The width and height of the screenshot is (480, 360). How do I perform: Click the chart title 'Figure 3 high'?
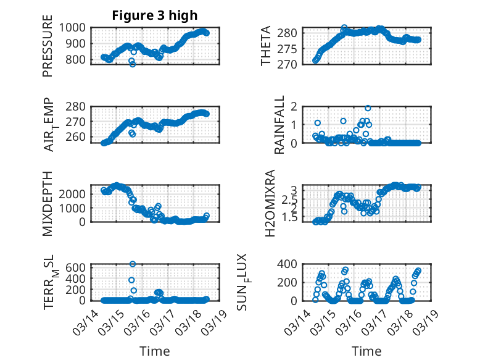pyautogui.click(x=154, y=15)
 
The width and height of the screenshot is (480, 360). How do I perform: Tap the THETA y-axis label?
pyautogui.click(x=266, y=46)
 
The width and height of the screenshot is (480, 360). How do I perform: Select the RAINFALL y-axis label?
pyautogui.click(x=279, y=124)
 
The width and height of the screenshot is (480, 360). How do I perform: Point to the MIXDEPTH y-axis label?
pyautogui.click(x=48, y=203)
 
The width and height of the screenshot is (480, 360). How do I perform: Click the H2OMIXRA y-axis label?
pyautogui.click(x=270, y=203)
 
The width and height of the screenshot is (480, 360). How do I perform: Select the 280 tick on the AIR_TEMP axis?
pyautogui.click(x=78, y=106)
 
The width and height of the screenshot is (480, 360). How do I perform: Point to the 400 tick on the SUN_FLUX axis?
pyautogui.click(x=292, y=264)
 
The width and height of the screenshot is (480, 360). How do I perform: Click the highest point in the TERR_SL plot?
pyautogui.click(x=133, y=264)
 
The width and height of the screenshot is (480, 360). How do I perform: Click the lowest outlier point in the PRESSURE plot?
pyautogui.click(x=133, y=64)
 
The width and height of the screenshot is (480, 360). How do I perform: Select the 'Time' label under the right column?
pyautogui.click(x=366, y=351)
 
